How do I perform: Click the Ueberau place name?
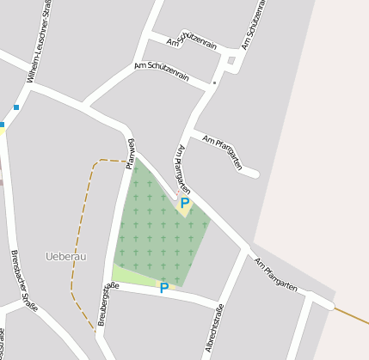tap(65, 256)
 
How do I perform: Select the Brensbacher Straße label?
tap(25, 281)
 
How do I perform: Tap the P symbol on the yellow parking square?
tap(184, 204)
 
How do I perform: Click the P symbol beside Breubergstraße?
tap(163, 289)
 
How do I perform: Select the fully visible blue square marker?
tap(15, 107)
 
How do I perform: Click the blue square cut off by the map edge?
tap(2, 125)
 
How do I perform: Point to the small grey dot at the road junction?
tap(214, 83)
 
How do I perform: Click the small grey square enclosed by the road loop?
tap(231, 60)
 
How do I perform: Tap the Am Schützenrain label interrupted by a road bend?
tap(192, 41)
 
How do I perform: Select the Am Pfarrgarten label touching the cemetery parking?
tap(182, 168)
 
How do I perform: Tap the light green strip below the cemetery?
tap(138, 277)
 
